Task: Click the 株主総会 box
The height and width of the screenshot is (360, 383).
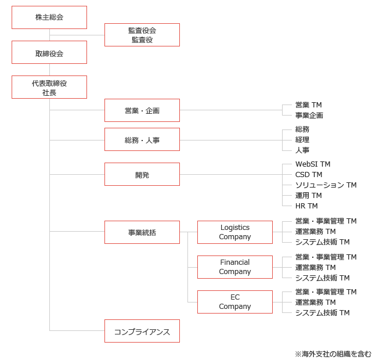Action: click(49, 17)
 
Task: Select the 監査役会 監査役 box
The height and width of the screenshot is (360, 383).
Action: click(142, 35)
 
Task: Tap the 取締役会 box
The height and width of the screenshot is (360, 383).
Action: click(49, 52)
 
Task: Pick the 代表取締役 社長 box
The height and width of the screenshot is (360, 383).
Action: click(49, 87)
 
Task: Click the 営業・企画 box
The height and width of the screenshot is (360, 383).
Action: click(142, 110)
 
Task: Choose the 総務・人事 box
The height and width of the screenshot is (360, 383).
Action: click(142, 139)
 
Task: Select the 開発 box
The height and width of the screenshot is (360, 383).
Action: click(142, 174)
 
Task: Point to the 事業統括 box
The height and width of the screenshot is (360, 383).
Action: click(142, 232)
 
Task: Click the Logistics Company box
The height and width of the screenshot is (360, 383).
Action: click(235, 232)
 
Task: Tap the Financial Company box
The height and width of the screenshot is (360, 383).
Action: click(235, 267)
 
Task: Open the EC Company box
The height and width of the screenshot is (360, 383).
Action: click(235, 302)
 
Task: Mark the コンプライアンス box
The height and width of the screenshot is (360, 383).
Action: click(142, 331)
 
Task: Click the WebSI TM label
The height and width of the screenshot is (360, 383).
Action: click(313, 164)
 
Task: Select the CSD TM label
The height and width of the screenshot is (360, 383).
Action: click(309, 175)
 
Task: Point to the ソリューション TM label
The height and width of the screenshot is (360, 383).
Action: click(326, 185)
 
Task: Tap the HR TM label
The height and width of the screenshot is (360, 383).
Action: click(306, 206)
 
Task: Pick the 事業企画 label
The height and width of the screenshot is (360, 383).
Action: click(309, 116)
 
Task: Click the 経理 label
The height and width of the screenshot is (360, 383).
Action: click(302, 139)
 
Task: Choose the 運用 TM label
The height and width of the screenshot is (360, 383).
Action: click(309, 196)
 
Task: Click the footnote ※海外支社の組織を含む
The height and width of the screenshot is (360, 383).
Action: click(333, 354)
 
